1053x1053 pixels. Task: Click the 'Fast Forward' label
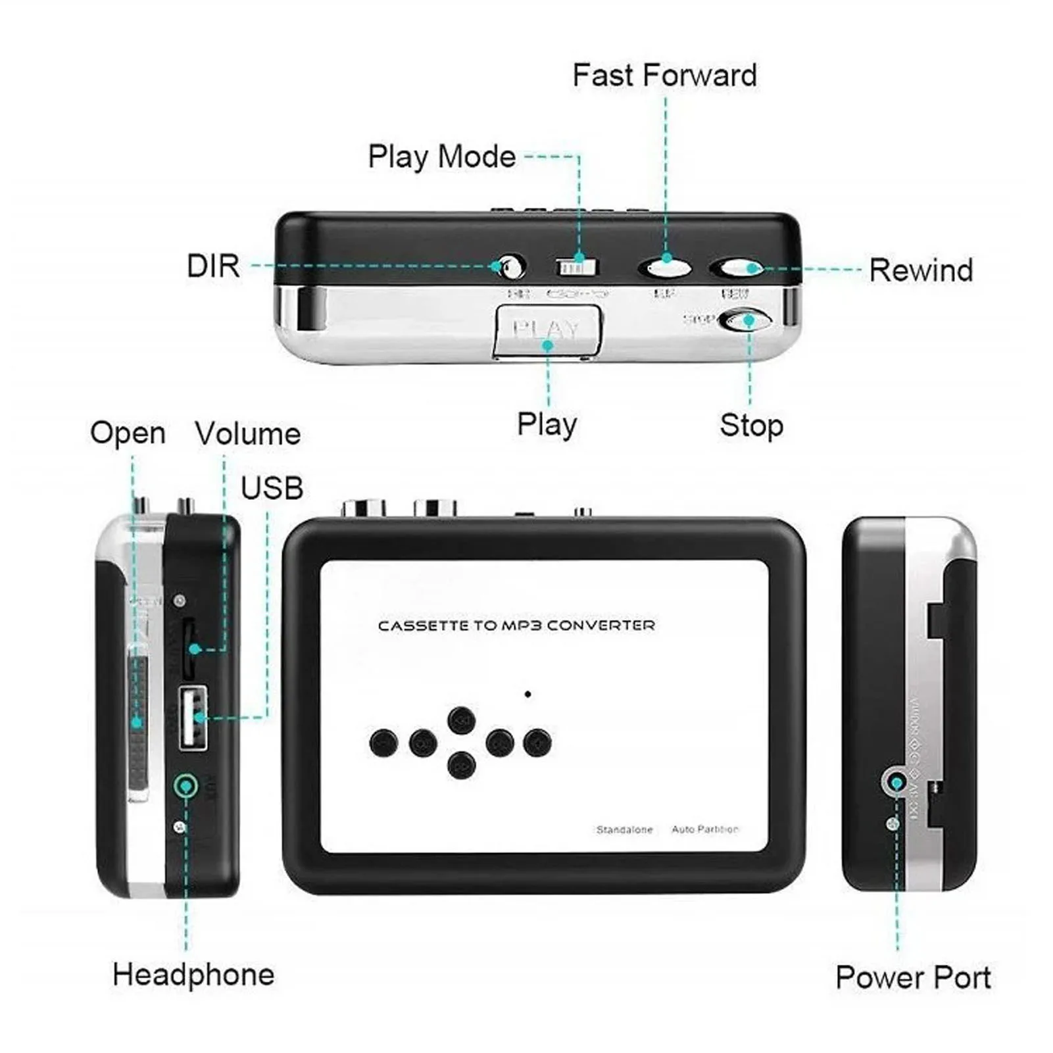pos(664,75)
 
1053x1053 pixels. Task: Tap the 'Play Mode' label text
pos(441,157)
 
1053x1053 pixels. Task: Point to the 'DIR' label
pos(213,266)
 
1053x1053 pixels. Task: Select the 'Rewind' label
pos(921,270)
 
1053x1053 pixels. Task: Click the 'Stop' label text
pos(751,425)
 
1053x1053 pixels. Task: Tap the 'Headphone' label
pos(193,974)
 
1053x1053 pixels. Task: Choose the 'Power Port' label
pos(913,977)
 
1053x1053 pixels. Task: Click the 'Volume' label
pos(248,433)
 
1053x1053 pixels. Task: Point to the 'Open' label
pos(128,433)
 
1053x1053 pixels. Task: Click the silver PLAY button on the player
pos(547,330)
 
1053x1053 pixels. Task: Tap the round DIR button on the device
pos(510,267)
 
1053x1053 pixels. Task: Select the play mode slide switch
pos(577,267)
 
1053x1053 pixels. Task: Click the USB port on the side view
pos(193,717)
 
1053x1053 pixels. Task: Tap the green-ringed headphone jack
pos(186,786)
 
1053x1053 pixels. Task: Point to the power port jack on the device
pos(894,782)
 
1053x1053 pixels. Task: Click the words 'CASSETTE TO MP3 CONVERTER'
pos(516,625)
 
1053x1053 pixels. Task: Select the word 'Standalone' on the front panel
pos(624,829)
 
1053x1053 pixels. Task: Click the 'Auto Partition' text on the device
pos(704,829)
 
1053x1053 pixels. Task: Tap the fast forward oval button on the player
pos(664,267)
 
